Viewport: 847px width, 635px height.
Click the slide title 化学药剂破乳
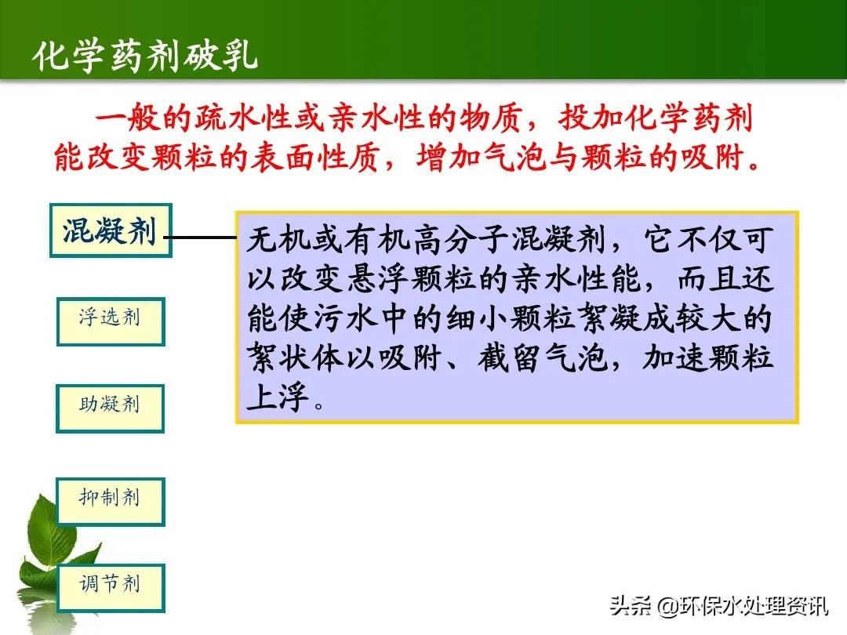tap(145, 57)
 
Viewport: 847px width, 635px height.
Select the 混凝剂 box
tap(111, 231)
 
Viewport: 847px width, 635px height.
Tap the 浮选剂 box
tap(111, 321)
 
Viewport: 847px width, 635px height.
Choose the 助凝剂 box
tap(110, 408)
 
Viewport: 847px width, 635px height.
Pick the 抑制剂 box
tap(111, 501)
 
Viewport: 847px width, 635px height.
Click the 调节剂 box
tap(111, 587)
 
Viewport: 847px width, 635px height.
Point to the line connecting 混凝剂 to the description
tap(203, 237)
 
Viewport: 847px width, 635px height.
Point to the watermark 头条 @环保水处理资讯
tap(718, 606)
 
